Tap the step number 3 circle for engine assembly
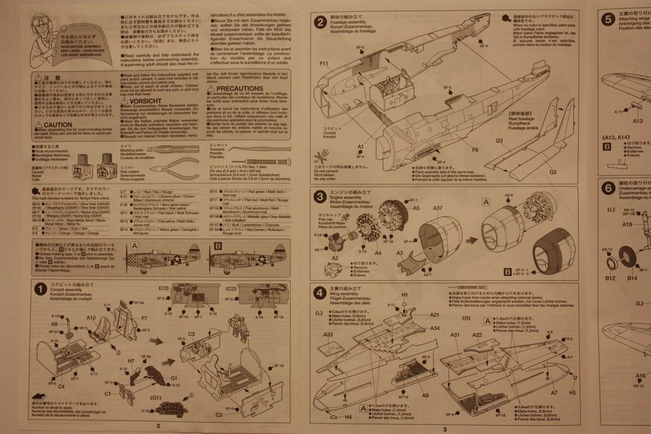321,197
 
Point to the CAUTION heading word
57,125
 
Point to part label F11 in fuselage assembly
323,63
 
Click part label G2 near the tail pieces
553,172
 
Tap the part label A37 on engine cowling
438,208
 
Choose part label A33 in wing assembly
328,334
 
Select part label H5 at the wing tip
572,393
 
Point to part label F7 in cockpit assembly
144,318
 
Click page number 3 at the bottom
445,429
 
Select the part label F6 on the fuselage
474,150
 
